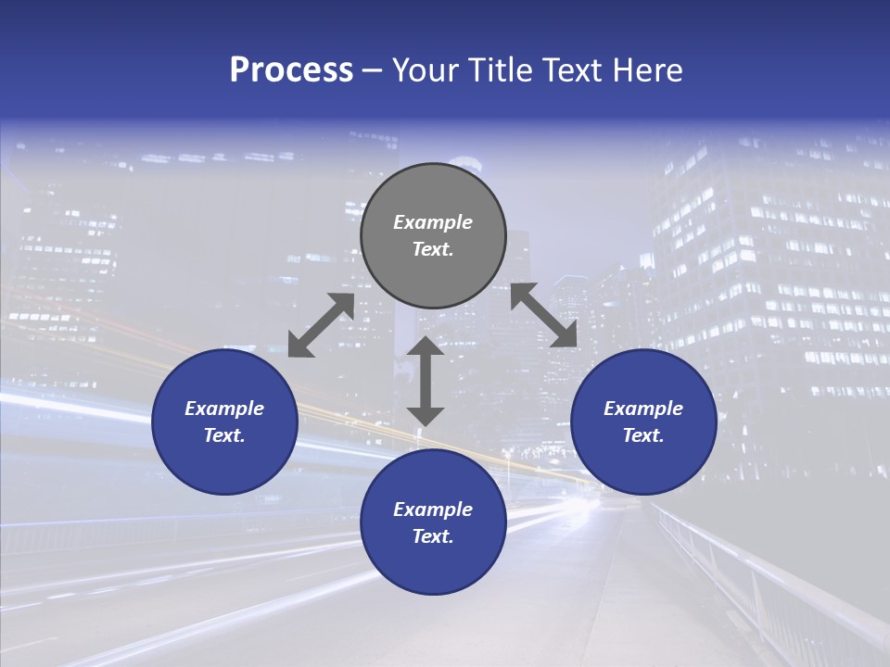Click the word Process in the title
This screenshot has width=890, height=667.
(x=291, y=70)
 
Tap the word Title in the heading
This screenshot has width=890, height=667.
(x=502, y=70)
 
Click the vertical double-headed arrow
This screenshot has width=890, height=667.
(x=426, y=381)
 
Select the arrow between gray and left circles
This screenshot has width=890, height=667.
(x=321, y=325)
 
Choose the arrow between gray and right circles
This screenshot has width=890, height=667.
(x=544, y=316)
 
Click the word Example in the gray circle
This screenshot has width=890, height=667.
(x=433, y=222)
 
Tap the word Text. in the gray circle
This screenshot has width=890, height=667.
(x=433, y=249)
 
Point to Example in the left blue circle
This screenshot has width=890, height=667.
(x=224, y=409)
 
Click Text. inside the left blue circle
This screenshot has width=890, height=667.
(x=224, y=435)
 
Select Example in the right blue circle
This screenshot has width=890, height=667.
(x=643, y=409)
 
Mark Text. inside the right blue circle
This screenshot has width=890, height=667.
(x=643, y=435)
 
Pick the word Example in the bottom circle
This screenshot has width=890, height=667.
(x=433, y=510)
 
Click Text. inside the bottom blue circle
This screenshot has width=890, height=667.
(x=433, y=536)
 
